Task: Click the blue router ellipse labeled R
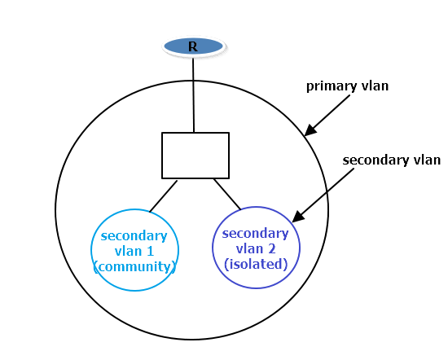193,46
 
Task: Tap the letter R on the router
193,46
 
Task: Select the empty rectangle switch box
195,155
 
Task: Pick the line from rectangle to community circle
163,196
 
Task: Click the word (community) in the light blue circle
135,266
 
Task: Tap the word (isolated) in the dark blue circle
256,264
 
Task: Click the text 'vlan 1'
135,251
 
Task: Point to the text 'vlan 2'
256,249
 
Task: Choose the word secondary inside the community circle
134,236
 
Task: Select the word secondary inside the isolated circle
256,235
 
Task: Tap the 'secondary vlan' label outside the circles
392,160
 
